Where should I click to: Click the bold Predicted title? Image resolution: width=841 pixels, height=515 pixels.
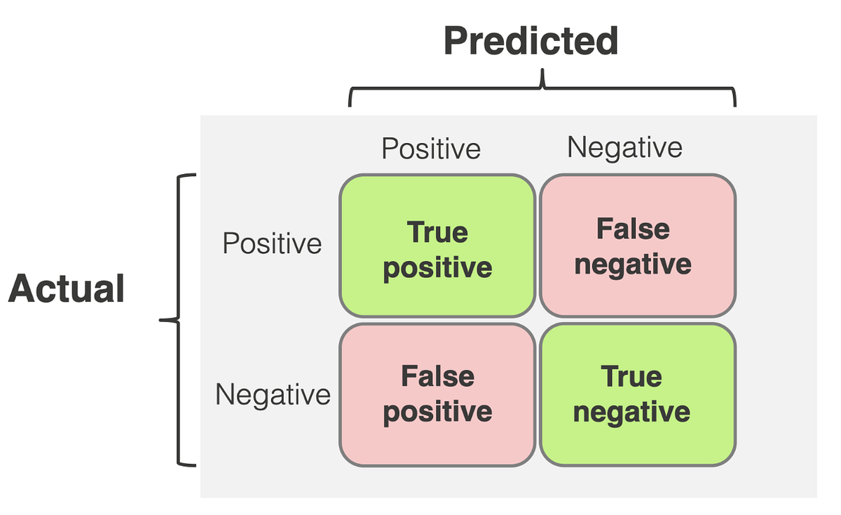click(x=531, y=42)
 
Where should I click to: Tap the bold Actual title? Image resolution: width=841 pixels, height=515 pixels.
click(x=67, y=288)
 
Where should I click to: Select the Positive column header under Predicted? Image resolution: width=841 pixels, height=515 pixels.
click(x=431, y=148)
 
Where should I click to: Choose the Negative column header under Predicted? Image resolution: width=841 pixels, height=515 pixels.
click(x=624, y=147)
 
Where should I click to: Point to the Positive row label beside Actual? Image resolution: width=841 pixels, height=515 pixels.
click(x=272, y=243)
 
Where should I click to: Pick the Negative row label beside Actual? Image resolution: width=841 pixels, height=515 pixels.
click(x=273, y=394)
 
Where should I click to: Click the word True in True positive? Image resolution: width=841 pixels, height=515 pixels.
click(x=437, y=233)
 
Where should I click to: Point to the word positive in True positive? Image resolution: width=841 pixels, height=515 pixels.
click(x=437, y=268)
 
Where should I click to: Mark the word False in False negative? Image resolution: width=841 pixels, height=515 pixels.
click(x=633, y=229)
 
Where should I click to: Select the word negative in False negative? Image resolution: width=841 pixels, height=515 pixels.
click(x=633, y=265)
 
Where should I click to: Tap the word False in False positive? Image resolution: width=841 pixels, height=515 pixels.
click(x=437, y=377)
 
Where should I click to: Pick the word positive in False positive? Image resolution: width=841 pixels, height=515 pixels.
click(x=437, y=411)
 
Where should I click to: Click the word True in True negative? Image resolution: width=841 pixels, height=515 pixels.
click(x=631, y=377)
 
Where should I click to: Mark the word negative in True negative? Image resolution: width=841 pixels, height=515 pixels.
click(x=631, y=411)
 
